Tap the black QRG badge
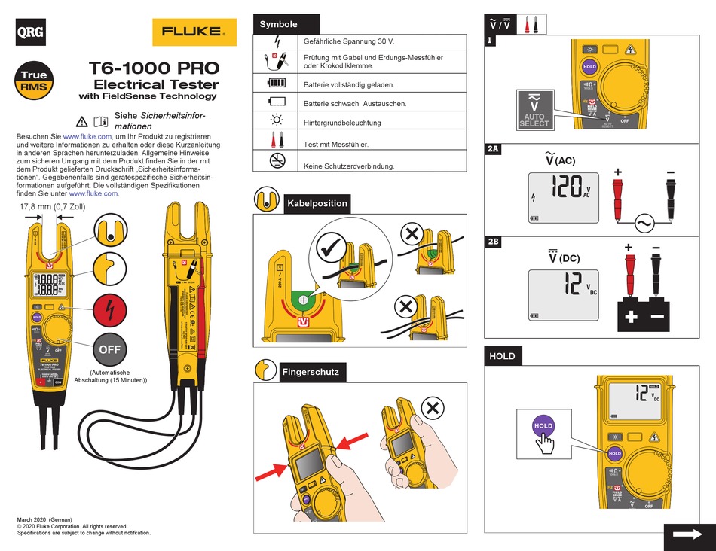pos(30,32)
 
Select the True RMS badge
pos(34,81)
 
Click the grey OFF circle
pos(110,349)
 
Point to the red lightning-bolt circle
pos(110,309)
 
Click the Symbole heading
pos(279,25)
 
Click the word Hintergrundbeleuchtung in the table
pos(341,123)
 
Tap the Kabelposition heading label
pos(316,203)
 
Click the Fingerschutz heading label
pos(311,372)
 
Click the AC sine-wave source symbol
pos(645,223)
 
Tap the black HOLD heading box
pos(503,357)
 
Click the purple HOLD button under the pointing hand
pos(543,426)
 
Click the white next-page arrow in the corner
pos(688,533)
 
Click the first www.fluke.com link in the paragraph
pos(87,136)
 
